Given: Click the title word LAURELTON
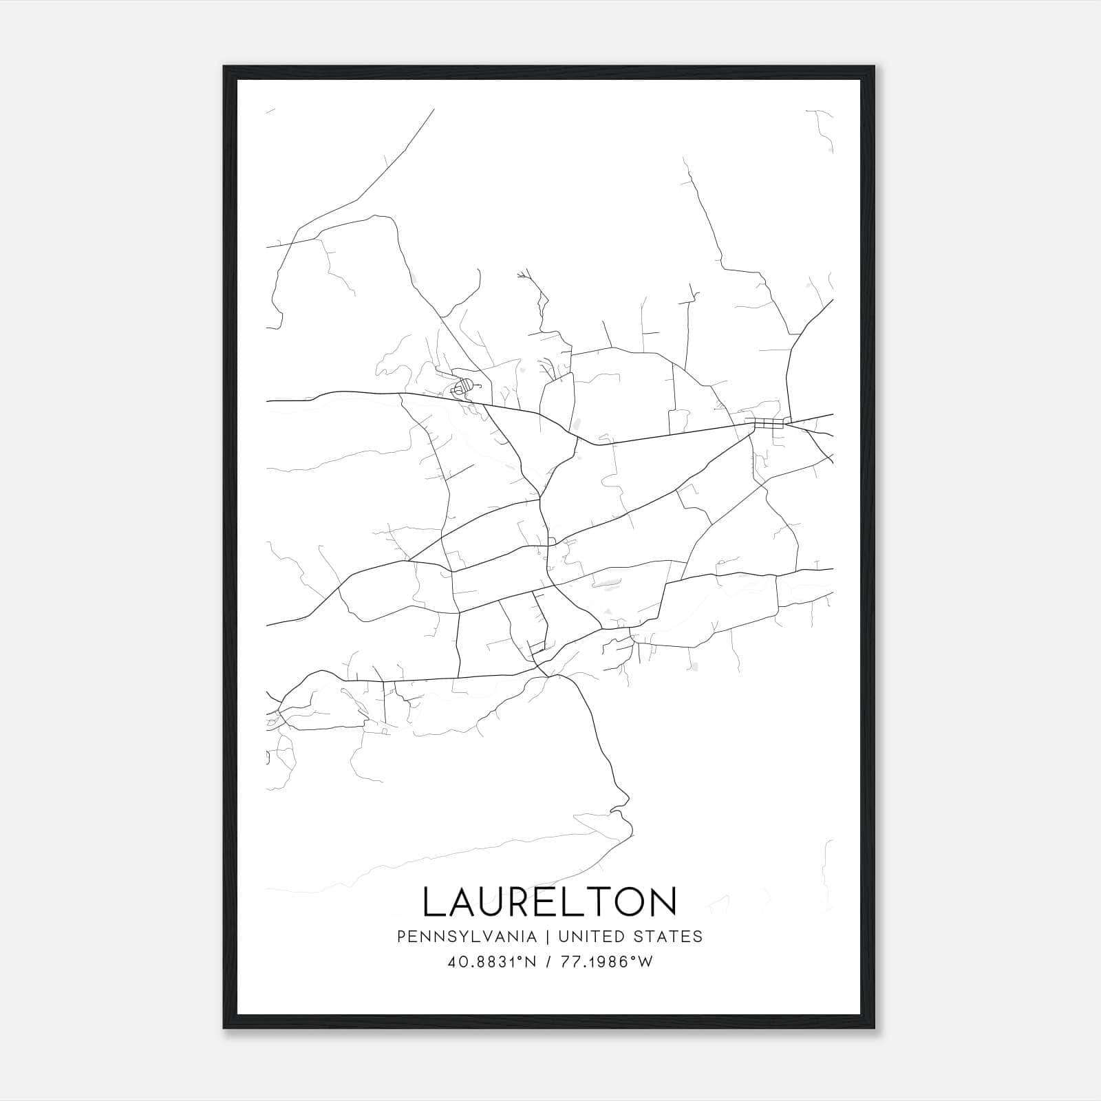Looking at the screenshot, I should (x=550, y=901).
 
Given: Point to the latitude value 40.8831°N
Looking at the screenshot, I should (x=491, y=962).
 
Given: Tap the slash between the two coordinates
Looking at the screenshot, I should (x=548, y=962).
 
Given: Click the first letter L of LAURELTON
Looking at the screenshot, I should (x=434, y=901).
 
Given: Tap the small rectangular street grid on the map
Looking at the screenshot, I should (x=767, y=422).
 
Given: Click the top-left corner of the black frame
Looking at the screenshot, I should (x=224, y=67).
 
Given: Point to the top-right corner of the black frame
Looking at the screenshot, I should (x=874, y=67).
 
